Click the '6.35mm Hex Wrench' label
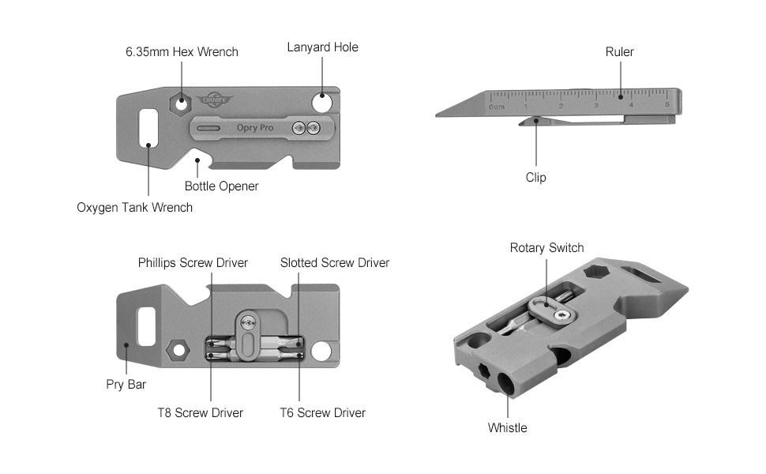pyautogui.click(x=182, y=52)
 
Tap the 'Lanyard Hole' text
pyautogui.click(x=322, y=47)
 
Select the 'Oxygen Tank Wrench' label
pyautogui.click(x=134, y=208)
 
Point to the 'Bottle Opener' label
pyautogui.click(x=221, y=186)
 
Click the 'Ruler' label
pyautogui.click(x=620, y=52)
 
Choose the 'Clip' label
pyautogui.click(x=535, y=178)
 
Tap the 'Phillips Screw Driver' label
pyautogui.click(x=193, y=263)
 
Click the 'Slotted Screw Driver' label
pyautogui.click(x=335, y=263)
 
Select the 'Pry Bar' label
pyautogui.click(x=126, y=385)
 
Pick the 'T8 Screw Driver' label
pyautogui.click(x=200, y=412)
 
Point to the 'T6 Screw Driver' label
pyautogui.click(x=323, y=412)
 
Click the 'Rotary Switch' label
pyautogui.click(x=546, y=248)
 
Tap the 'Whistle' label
pyautogui.click(x=507, y=428)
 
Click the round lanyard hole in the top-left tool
pyautogui.click(x=322, y=102)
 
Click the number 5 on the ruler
pyautogui.click(x=667, y=105)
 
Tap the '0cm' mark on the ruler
pyautogui.click(x=496, y=106)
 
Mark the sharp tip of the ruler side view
pyautogui.click(x=437, y=115)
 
